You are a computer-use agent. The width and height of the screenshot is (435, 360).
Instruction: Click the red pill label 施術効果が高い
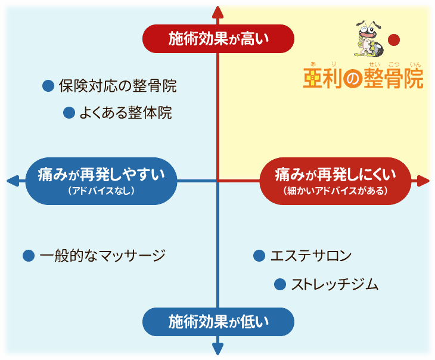(x=218, y=39)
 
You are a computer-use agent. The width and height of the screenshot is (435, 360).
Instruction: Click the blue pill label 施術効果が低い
(x=218, y=322)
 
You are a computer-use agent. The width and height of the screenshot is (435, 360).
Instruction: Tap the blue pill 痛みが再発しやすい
(x=101, y=180)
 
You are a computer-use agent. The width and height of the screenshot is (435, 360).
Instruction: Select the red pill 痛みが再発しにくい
(x=336, y=180)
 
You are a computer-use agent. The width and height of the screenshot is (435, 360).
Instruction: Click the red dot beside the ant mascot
(x=393, y=41)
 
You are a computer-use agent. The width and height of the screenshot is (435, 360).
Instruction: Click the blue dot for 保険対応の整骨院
(x=48, y=86)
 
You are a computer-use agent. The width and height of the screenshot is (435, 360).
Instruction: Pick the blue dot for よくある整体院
(x=69, y=112)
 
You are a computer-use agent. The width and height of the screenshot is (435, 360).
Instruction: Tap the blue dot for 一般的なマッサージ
(x=28, y=256)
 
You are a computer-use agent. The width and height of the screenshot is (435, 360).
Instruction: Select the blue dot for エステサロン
(x=259, y=256)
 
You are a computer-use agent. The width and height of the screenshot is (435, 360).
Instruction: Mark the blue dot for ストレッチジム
(x=279, y=284)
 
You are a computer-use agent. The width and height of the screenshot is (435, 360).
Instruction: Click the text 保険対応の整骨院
(x=117, y=86)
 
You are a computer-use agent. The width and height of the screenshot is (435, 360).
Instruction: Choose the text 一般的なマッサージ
(x=101, y=256)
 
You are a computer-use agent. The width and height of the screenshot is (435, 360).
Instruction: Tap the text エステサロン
(x=310, y=256)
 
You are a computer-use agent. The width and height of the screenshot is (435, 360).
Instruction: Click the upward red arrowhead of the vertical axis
(x=218, y=10)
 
